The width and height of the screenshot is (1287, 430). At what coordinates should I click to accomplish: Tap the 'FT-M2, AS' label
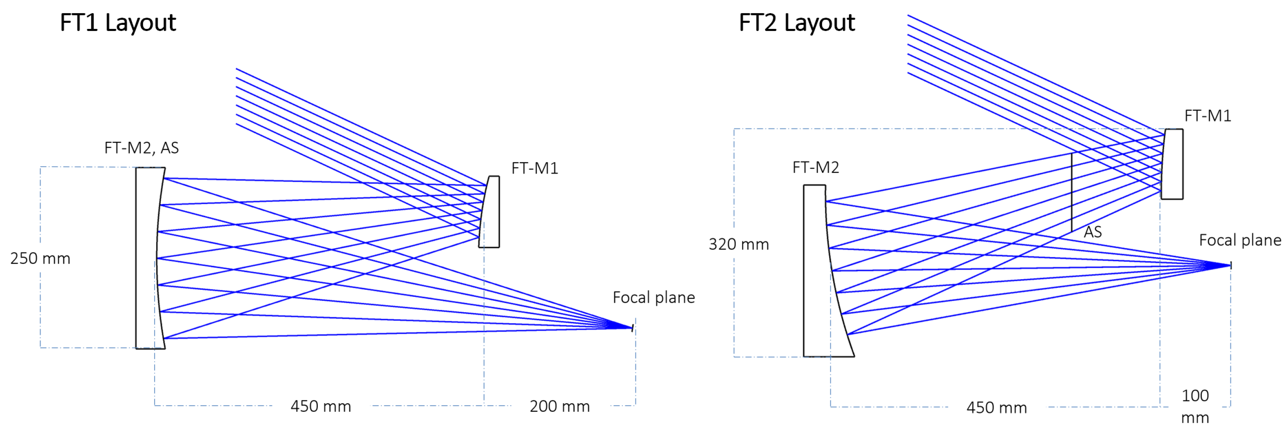pyautogui.click(x=141, y=148)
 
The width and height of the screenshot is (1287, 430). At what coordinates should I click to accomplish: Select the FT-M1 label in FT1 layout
pyautogui.click(x=534, y=169)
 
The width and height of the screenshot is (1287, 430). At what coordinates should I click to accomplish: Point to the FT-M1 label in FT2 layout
pyautogui.click(x=1208, y=116)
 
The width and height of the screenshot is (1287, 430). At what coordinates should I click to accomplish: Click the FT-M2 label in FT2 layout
pyautogui.click(x=815, y=167)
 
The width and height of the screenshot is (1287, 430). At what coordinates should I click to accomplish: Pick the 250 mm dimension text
pyautogui.click(x=40, y=258)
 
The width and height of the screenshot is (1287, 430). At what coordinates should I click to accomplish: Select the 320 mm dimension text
pyautogui.click(x=739, y=244)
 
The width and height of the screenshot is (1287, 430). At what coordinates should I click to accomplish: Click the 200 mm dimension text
pyautogui.click(x=560, y=406)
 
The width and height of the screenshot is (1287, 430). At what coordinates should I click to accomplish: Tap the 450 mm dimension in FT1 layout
pyautogui.click(x=321, y=406)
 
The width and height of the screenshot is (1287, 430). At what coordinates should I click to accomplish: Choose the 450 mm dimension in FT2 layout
pyautogui.click(x=996, y=408)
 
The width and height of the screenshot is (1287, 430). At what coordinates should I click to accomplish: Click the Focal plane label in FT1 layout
pyautogui.click(x=653, y=298)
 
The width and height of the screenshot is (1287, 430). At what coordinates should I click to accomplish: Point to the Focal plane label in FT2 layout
pyautogui.click(x=1240, y=241)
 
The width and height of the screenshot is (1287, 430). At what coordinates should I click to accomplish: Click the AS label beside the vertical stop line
pyautogui.click(x=1093, y=232)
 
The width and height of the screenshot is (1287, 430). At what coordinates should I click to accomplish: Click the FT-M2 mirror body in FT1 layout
pyautogui.click(x=146, y=258)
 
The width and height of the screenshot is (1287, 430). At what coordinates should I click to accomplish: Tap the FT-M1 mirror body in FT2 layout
pyautogui.click(x=1173, y=164)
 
